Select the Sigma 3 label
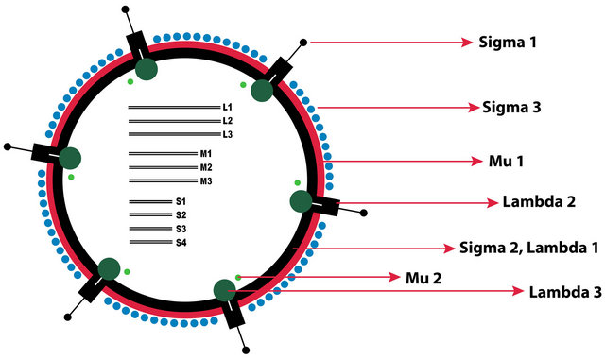point(511,107)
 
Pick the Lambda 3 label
point(565,292)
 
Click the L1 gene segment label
point(227,108)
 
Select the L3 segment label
point(227,135)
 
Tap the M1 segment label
point(205,154)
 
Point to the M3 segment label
point(205,181)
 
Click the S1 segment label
point(181,202)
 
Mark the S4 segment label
point(181,243)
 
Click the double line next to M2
point(162,167)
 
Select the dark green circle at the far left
point(70,158)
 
